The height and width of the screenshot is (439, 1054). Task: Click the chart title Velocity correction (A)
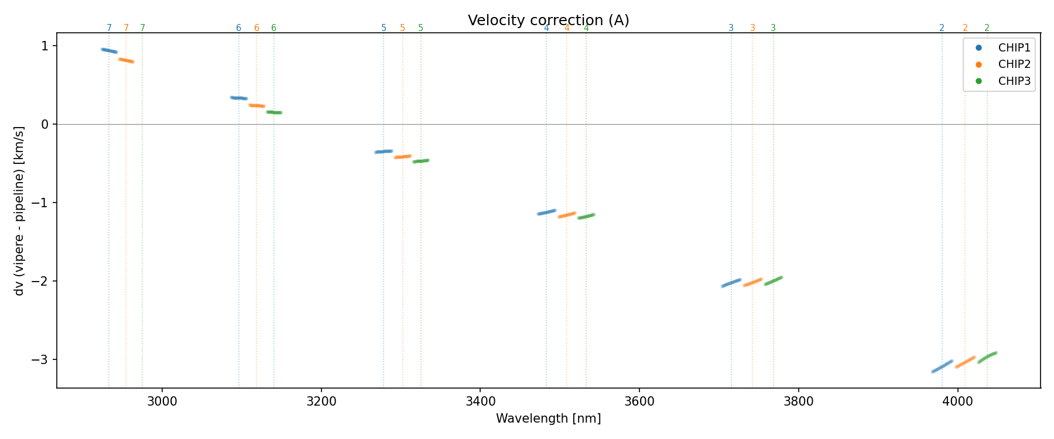(x=548, y=20)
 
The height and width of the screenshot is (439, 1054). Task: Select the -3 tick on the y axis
(x=43, y=359)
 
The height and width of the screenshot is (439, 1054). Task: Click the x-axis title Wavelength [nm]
(x=548, y=419)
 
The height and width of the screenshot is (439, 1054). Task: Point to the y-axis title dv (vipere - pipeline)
(x=19, y=211)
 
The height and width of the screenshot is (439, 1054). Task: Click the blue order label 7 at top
(x=109, y=28)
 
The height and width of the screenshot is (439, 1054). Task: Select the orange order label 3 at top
(x=752, y=28)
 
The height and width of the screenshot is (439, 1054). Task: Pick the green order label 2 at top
(x=987, y=28)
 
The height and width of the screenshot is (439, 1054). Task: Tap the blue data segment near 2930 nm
(x=109, y=51)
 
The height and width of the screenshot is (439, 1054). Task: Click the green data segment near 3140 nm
(x=274, y=112)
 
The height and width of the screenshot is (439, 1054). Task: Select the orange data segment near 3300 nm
(x=402, y=157)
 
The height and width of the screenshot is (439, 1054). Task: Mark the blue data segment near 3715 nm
(x=731, y=283)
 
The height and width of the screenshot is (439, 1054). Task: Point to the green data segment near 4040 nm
(x=987, y=357)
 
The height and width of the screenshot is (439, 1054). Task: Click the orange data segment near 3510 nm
(x=567, y=215)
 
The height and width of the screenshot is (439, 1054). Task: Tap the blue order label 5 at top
(x=384, y=28)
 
